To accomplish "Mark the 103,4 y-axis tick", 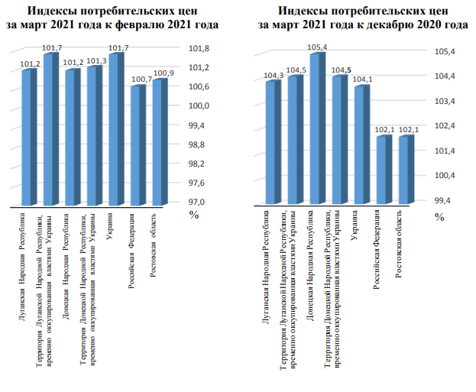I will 445,101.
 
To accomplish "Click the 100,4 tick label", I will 445,175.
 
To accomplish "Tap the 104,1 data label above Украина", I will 362,79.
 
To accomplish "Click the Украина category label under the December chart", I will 355,229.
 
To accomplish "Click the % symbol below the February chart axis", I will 194,215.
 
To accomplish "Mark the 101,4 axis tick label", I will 445,151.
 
